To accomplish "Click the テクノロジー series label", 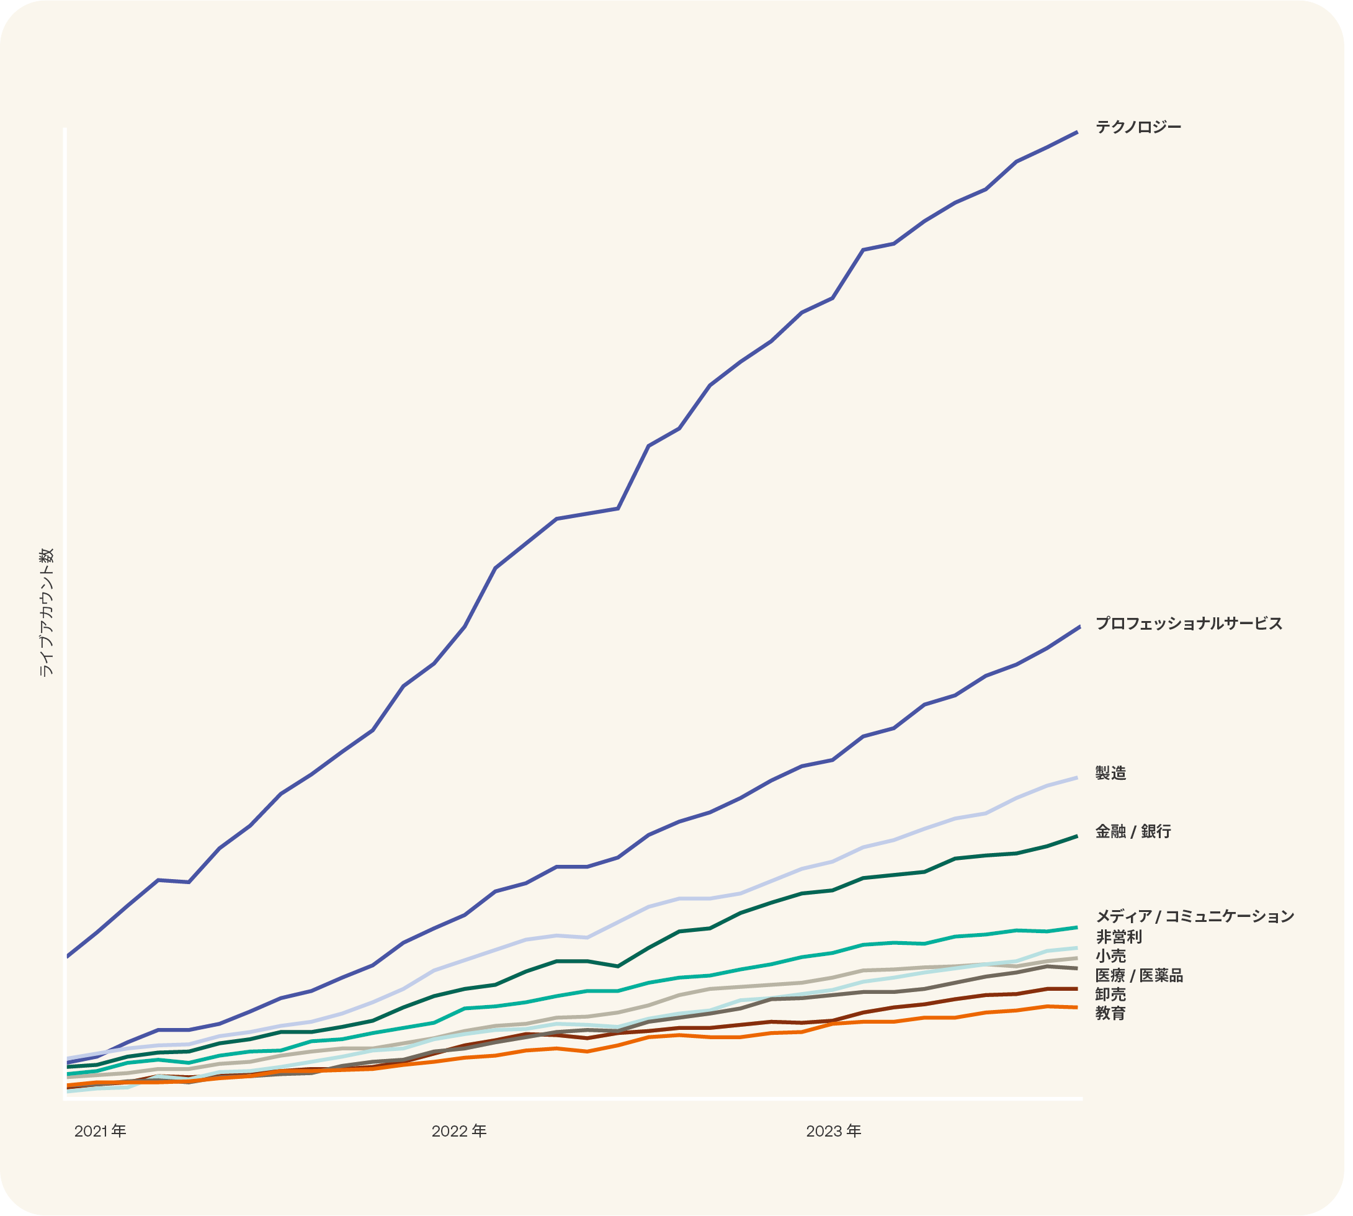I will click(x=1138, y=127).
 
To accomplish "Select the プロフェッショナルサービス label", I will click(x=1189, y=624).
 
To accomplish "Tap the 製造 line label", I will click(x=1110, y=773).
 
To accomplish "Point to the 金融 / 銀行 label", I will click(x=1133, y=831).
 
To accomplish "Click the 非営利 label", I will click(x=1119, y=937).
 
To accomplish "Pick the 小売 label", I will click(x=1110, y=956).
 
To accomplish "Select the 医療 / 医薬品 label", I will click(x=1138, y=975).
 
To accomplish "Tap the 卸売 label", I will click(x=1110, y=995).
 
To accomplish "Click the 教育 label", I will click(x=1110, y=1014).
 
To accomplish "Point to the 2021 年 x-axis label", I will click(x=100, y=1131).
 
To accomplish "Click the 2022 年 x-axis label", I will click(x=459, y=1131).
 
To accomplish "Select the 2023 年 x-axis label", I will click(x=834, y=1131).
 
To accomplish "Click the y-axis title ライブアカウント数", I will click(x=46, y=613).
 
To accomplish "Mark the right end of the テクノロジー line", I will click(x=1077, y=132).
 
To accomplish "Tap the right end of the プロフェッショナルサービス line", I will click(x=1079, y=627).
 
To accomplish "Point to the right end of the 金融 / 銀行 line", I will click(x=1077, y=836).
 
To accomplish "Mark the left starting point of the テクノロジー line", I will click(x=68, y=957).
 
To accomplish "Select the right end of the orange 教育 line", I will click(x=1077, y=1008).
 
